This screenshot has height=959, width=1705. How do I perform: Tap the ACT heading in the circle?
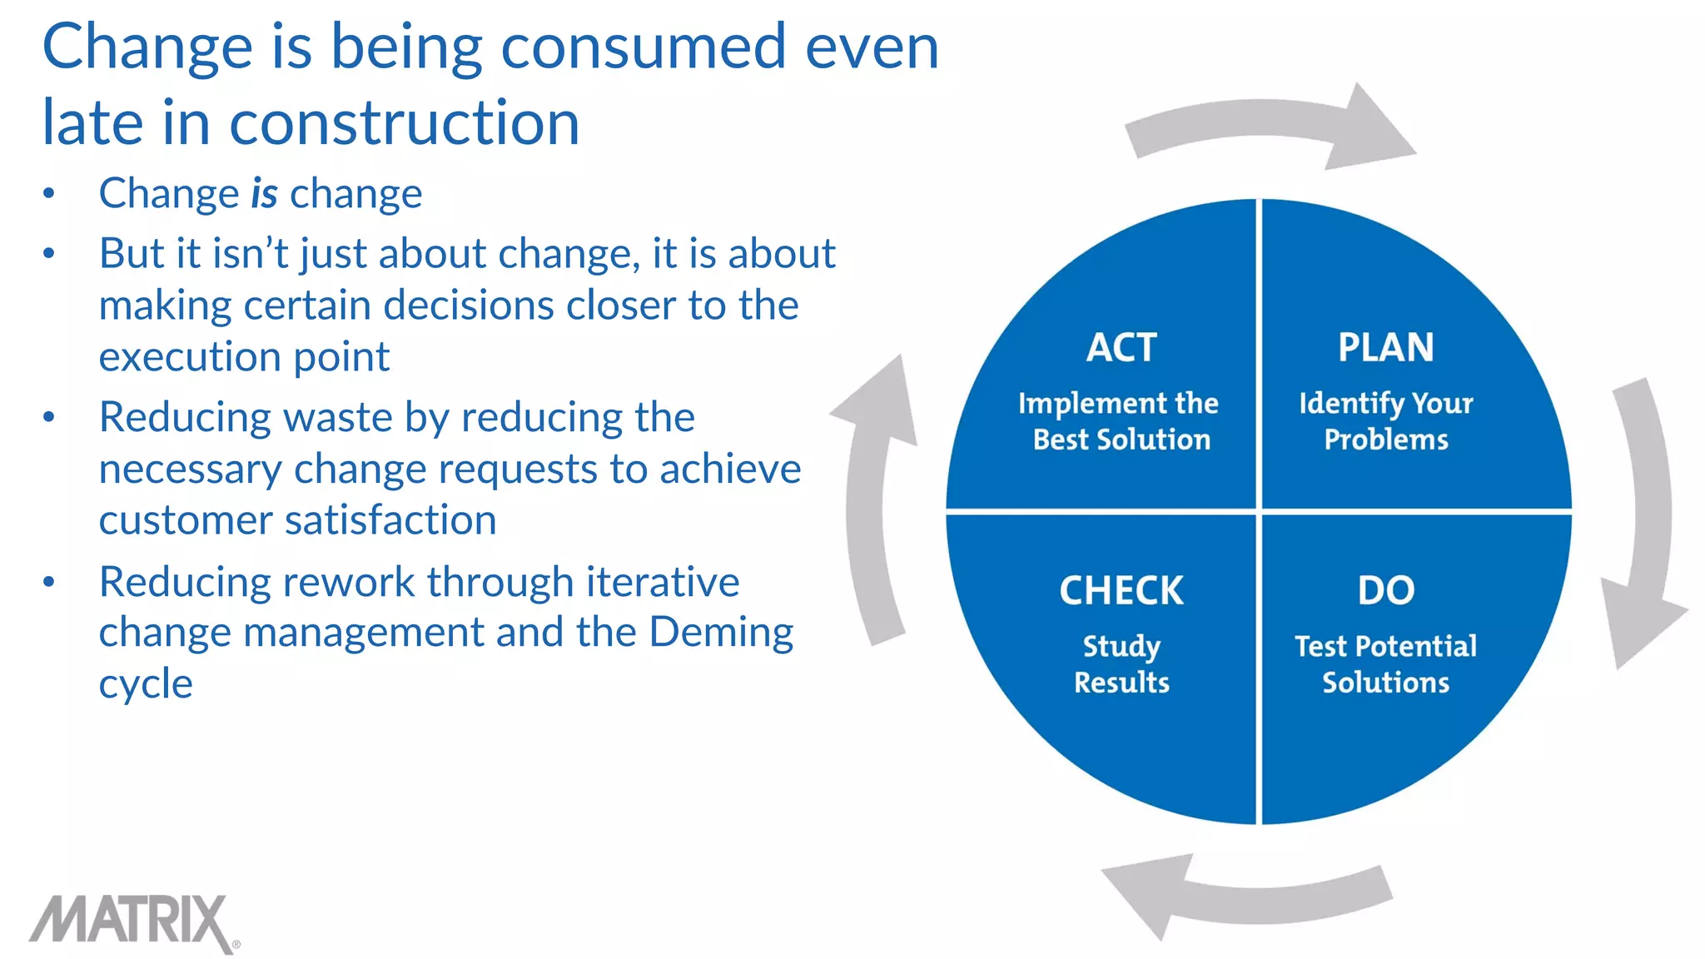click(x=1121, y=347)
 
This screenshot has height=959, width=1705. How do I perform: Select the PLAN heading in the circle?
click(x=1386, y=347)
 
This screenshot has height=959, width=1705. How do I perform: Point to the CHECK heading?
click(x=1121, y=591)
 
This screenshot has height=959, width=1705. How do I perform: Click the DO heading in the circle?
click(x=1386, y=591)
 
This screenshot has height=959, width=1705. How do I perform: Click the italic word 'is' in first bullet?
click(x=264, y=194)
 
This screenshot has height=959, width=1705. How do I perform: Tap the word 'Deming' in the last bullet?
click(x=721, y=633)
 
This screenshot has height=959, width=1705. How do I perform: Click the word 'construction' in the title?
click(x=404, y=123)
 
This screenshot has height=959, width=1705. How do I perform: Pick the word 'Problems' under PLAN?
click(x=1386, y=440)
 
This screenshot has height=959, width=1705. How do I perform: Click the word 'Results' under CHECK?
click(x=1121, y=683)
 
